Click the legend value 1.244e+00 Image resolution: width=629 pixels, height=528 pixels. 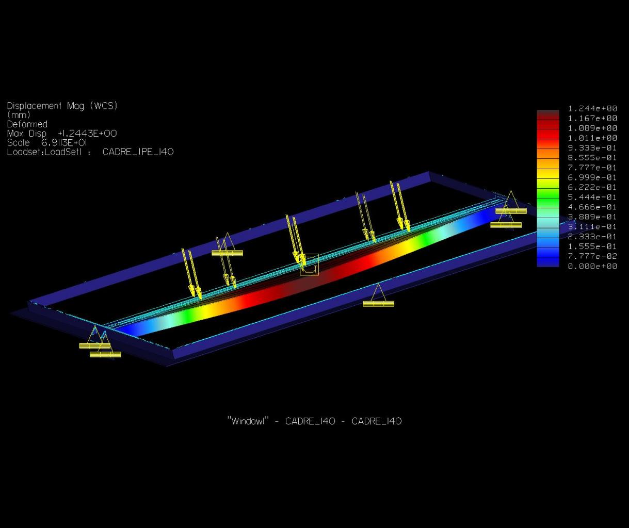[592, 108]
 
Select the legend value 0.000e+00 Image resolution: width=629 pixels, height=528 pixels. [592, 266]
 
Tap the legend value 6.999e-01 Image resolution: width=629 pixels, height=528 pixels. [592, 177]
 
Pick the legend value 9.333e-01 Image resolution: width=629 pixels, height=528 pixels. [592, 148]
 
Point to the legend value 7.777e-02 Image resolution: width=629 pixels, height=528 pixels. [592, 256]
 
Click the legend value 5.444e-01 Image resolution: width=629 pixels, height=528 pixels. [592, 197]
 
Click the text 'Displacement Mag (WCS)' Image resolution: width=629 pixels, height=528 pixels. [62, 106]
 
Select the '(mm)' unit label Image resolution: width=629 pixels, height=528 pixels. [19, 115]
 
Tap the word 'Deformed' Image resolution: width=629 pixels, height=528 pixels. [27, 124]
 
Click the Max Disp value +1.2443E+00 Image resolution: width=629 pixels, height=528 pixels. [87, 134]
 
